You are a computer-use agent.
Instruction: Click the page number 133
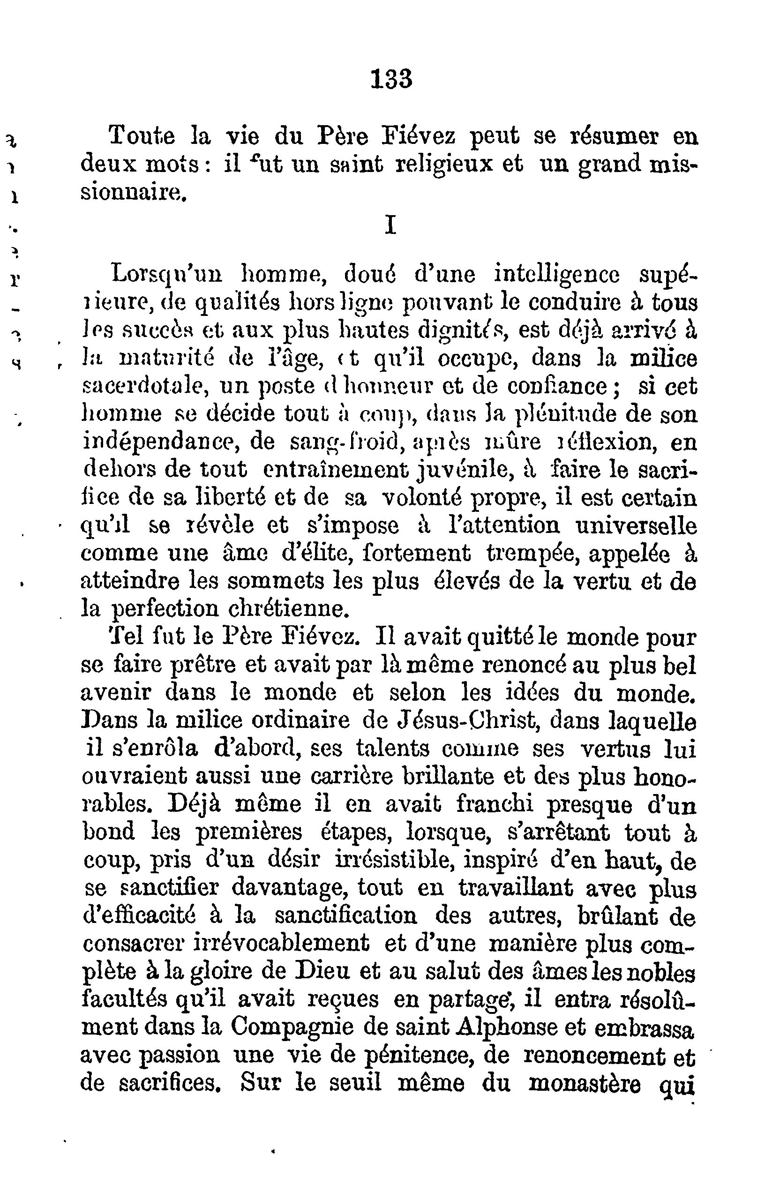pyautogui.click(x=390, y=79)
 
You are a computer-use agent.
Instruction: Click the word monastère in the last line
pyautogui.click(x=585, y=1084)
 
